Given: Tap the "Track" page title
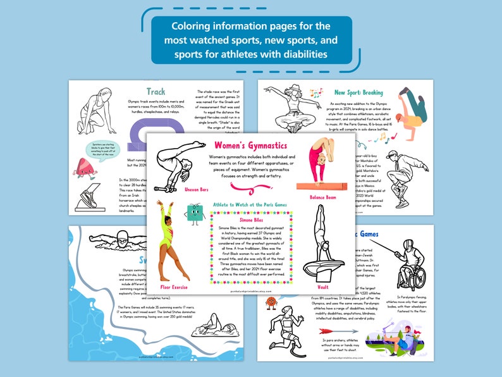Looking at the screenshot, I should [156, 92].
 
